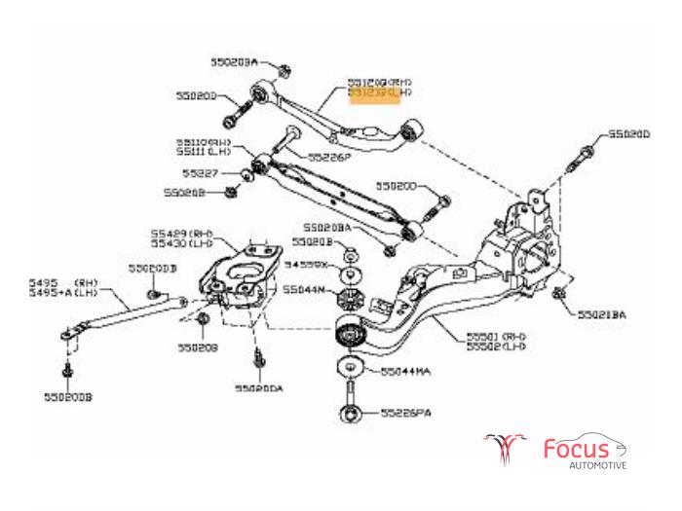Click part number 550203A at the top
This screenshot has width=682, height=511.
233,61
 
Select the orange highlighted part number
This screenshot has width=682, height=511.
380,95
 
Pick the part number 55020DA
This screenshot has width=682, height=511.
258,387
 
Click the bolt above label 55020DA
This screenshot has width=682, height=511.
258,357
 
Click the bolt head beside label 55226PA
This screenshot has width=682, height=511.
349,415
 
